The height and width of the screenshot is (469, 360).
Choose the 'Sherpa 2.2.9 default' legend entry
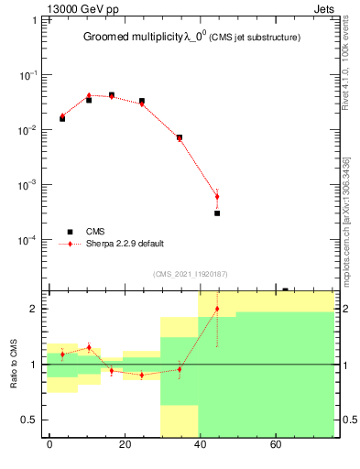click(125, 244)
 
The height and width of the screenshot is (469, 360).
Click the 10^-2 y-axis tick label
click(29, 130)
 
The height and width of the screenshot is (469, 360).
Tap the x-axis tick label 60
click(276, 445)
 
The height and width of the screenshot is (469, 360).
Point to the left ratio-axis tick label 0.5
click(32, 420)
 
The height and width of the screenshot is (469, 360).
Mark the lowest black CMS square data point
click(217, 213)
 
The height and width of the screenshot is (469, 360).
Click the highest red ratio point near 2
click(217, 309)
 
